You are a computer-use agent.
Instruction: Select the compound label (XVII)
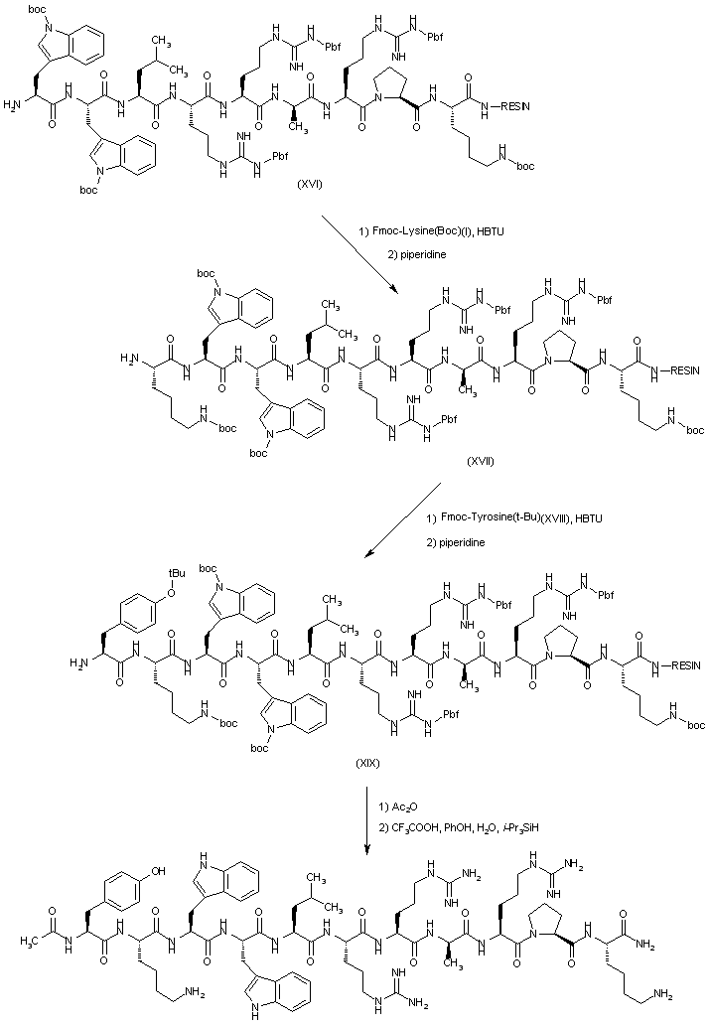point(480,462)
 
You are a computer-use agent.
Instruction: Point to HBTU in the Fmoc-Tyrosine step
point(590,518)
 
